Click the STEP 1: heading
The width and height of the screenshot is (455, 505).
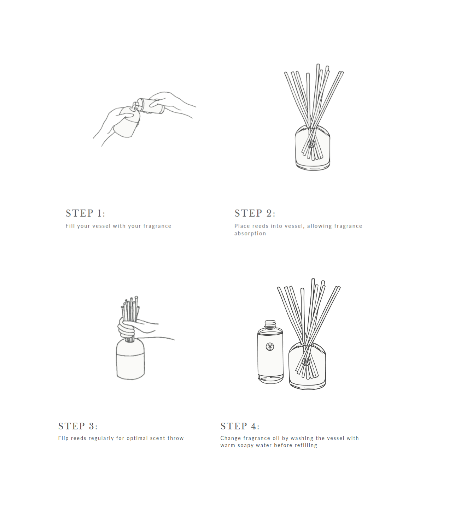coord(85,213)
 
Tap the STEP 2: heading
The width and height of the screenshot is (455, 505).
coord(255,213)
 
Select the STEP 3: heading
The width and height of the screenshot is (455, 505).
coord(78,426)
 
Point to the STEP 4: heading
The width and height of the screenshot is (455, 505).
coord(240,426)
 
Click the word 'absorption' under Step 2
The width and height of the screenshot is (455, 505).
coord(250,234)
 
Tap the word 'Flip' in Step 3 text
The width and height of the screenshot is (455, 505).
coord(63,438)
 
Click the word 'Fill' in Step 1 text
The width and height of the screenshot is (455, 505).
coord(70,226)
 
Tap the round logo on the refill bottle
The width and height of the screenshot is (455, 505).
coord(270,347)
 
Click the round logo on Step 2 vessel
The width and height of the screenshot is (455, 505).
coord(311,144)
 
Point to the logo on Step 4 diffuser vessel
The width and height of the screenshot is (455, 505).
coord(306,362)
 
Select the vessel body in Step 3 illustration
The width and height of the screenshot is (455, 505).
coord(130,360)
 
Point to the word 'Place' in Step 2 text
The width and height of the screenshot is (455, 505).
coord(242,226)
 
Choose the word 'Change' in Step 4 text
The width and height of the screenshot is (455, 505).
coord(231,438)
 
